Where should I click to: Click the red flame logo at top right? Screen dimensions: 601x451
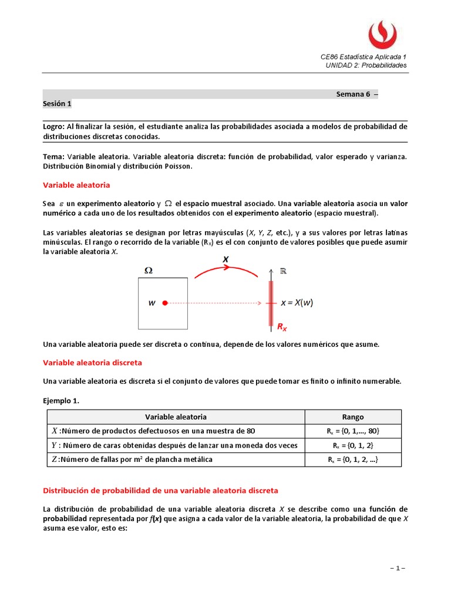pos(382,34)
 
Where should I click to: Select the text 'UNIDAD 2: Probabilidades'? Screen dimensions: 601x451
pos(366,65)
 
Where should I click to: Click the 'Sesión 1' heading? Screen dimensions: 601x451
pos(57,104)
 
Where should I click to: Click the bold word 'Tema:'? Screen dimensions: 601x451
pos(54,157)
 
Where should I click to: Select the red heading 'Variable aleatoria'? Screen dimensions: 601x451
pos(76,185)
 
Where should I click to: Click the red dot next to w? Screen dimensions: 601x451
pos(165,303)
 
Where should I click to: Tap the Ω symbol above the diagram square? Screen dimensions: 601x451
pos(149,271)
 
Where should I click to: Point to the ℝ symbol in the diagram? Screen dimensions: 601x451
pos(282,271)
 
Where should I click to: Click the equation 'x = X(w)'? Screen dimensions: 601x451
pos(297,303)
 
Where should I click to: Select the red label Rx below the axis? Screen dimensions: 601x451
pos(282,327)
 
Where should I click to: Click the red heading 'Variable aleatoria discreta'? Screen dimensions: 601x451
pos(92,363)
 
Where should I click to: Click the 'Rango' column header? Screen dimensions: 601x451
pos(352,417)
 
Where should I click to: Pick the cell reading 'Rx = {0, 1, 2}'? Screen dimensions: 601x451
pos(352,445)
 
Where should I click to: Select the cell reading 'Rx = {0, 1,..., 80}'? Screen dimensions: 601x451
pos(352,431)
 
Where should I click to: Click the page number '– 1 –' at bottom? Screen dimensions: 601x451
pos(398,569)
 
